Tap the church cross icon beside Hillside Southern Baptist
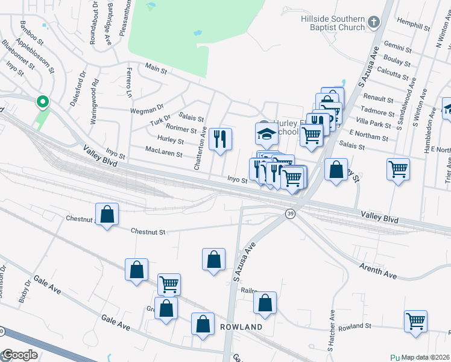tap(374, 23)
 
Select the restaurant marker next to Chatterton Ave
tap(220, 139)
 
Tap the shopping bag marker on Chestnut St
tap(107, 214)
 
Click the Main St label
tap(156, 69)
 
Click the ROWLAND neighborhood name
tap(241, 327)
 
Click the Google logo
tap(20, 355)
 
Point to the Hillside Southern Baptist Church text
tap(333, 23)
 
